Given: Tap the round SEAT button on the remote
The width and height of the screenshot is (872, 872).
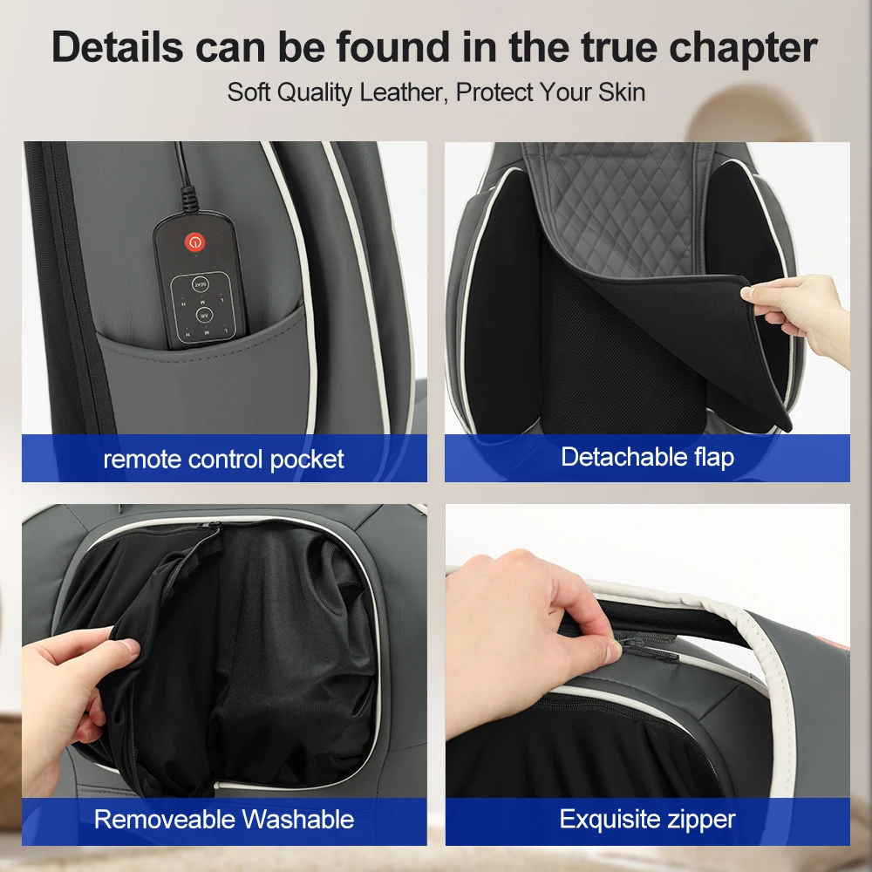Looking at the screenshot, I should (200, 284).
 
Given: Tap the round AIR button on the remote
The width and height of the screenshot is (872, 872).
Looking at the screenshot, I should (203, 314).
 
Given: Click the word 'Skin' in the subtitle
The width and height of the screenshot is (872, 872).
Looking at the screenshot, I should (621, 92).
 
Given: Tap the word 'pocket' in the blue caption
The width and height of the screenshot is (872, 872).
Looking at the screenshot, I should (306, 460).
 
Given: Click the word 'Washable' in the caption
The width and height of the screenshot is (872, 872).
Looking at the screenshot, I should (298, 819).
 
